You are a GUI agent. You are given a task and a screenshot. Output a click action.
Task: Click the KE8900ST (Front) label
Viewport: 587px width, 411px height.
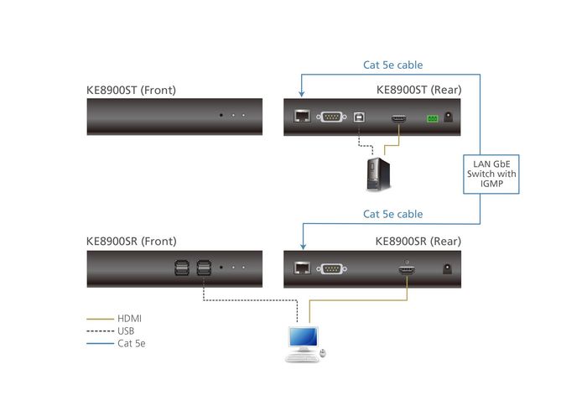tap(131, 90)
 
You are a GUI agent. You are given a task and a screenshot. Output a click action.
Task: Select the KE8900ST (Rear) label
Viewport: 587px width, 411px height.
tap(418, 90)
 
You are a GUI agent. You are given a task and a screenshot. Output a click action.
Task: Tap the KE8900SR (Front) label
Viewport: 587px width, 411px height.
tap(131, 242)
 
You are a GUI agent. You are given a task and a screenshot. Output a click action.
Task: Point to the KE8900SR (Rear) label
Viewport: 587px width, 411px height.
tap(418, 242)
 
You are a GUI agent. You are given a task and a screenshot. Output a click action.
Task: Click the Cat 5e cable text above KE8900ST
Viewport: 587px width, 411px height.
tap(392, 65)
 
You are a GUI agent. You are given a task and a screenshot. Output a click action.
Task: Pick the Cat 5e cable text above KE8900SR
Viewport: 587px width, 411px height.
tap(392, 214)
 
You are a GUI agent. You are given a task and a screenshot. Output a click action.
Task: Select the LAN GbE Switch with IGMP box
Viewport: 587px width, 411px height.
tap(492, 174)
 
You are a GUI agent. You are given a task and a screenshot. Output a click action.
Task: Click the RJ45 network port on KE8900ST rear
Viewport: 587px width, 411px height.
tap(301, 117)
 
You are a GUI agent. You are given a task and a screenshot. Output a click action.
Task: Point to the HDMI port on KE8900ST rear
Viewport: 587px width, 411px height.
tap(399, 118)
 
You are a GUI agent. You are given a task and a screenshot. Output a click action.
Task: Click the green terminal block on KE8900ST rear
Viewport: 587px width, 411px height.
tap(433, 118)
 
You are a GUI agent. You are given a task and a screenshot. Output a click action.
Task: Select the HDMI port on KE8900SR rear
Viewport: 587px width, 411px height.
tap(408, 269)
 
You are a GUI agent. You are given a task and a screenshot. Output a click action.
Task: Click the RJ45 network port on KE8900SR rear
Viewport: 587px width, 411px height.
tap(301, 269)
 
